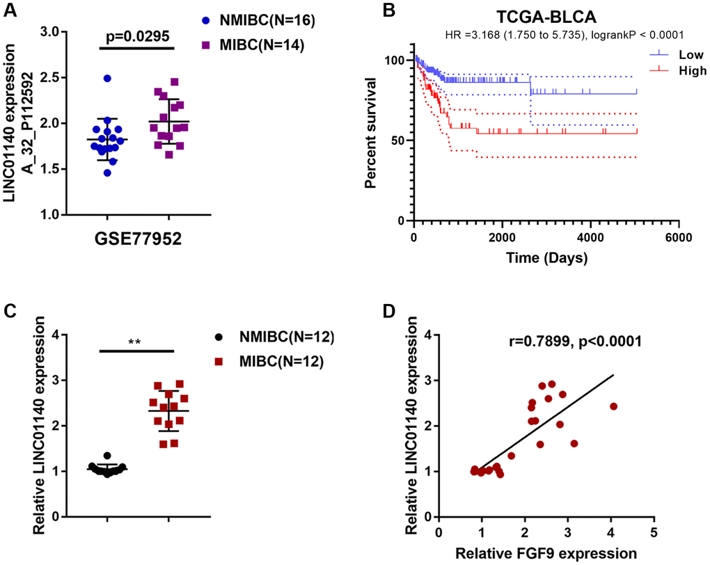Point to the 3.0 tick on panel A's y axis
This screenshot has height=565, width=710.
(x=53, y=31)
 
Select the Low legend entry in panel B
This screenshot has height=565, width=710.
(x=676, y=54)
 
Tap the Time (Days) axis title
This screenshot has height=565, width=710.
(x=546, y=257)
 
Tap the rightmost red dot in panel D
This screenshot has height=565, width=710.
(x=613, y=406)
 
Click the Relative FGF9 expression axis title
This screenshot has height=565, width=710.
(x=546, y=553)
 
